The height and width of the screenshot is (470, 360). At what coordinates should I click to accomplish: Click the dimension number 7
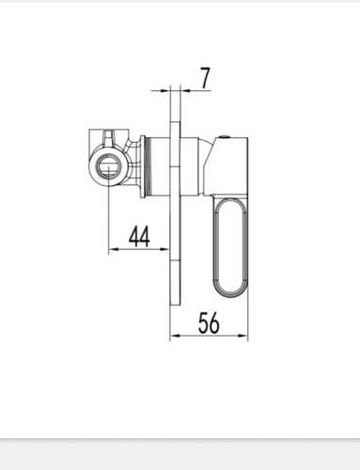205,78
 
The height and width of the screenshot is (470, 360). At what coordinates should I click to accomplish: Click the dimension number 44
139,236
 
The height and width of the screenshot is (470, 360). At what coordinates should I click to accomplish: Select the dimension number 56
209,322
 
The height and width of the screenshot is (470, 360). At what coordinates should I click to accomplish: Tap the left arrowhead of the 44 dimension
114,249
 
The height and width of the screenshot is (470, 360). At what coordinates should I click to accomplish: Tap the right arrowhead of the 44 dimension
164,249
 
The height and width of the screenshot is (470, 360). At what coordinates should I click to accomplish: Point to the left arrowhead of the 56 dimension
176,336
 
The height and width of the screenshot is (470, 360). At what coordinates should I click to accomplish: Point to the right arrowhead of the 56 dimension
243,336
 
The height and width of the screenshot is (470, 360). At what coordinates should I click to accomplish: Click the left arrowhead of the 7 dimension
164,90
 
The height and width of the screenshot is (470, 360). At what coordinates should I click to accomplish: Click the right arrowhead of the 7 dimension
186,90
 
